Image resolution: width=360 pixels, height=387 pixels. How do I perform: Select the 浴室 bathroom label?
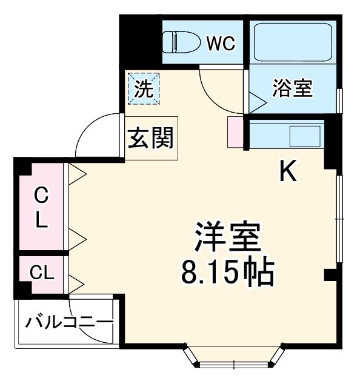coord(292,88)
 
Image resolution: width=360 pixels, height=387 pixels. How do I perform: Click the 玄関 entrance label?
coord(150,138)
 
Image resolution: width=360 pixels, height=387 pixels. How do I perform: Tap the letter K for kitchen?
coord(287,173)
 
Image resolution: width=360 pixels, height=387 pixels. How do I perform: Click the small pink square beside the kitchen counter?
coord(235,131)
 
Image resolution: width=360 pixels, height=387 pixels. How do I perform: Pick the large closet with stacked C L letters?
coord(41,207)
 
